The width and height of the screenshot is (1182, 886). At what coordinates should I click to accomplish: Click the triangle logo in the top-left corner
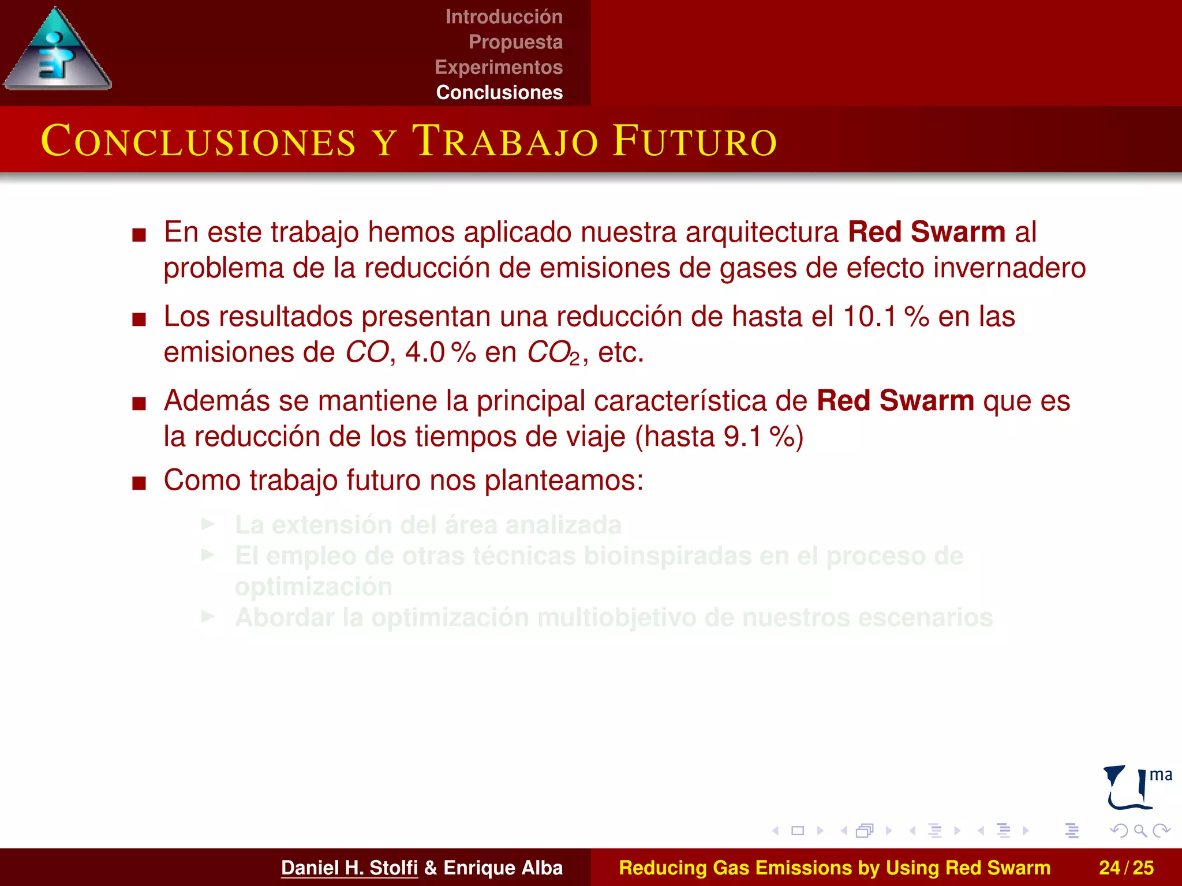[58, 51]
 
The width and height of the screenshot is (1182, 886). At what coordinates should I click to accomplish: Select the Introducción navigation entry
[504, 17]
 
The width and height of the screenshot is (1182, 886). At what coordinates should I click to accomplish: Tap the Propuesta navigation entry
[515, 42]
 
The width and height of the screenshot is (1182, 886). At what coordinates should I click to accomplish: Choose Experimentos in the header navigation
[499, 67]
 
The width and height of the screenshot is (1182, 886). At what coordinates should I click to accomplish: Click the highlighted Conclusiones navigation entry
[499, 92]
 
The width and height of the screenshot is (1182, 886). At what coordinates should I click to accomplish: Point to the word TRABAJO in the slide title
[504, 141]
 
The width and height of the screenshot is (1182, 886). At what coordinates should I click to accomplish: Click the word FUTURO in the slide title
[695, 141]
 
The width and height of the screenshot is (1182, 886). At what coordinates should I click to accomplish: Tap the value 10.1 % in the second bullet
[886, 317]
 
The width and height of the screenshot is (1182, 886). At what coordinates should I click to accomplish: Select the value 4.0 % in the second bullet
[440, 352]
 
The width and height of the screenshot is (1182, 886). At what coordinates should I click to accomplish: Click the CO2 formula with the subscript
[554, 353]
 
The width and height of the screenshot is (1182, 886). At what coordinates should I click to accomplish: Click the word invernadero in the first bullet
[1009, 268]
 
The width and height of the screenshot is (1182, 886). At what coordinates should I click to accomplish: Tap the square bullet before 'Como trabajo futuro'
[139, 482]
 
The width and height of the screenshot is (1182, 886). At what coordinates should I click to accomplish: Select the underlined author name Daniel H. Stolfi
[349, 868]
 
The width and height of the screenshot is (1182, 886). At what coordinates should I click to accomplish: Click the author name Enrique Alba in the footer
[503, 868]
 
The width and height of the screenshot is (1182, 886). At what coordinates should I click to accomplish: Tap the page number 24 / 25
[1126, 868]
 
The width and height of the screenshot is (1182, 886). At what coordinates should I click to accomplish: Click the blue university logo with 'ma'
[1136, 787]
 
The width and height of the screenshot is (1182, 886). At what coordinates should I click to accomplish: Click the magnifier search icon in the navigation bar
[1140, 831]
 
